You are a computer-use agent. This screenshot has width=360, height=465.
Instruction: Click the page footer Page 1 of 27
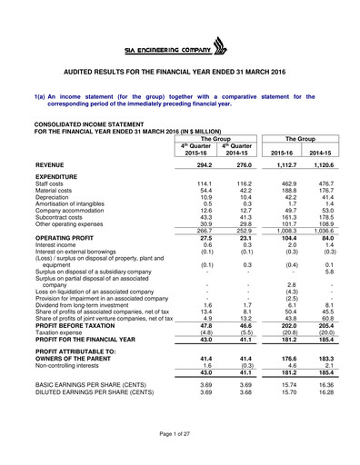coord(180,440)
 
